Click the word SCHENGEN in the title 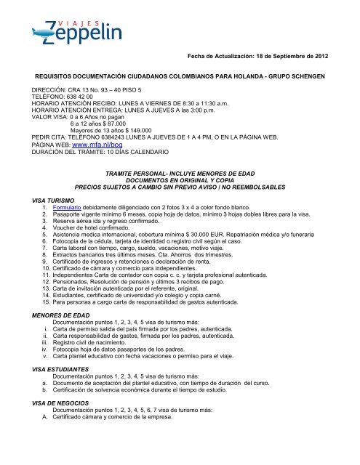314,76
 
